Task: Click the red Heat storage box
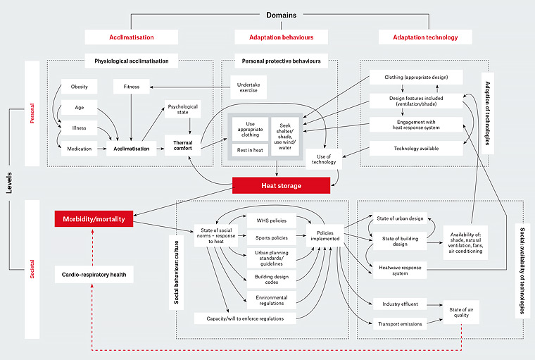[281, 185]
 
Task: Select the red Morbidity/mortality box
[94, 219]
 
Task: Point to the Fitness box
[131, 87]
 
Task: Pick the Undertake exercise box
[249, 87]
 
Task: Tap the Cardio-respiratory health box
[94, 273]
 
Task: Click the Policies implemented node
[324, 235]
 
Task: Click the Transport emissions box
[403, 324]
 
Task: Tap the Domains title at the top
[281, 14]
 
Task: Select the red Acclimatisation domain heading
[131, 37]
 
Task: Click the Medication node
[79, 149]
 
